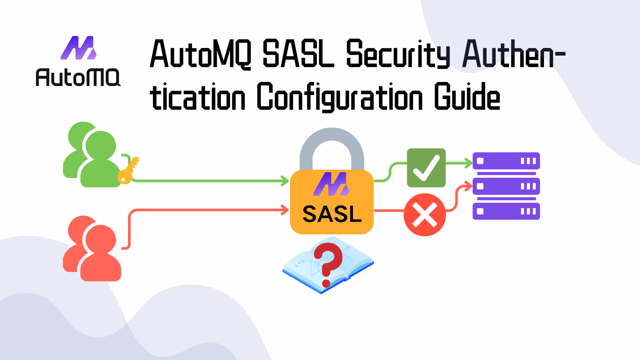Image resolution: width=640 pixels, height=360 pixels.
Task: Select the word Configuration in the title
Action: coord(339,97)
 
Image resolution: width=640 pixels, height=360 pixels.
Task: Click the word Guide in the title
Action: coord(467,97)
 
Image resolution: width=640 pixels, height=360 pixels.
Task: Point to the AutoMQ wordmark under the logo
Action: coord(78,77)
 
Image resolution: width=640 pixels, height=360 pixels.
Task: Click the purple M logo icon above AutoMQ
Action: coord(79,48)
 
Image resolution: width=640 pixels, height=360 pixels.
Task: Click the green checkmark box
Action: coord(426,168)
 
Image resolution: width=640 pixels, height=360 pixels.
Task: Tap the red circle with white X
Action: coord(425,215)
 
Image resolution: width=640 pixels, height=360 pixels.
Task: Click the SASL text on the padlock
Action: coord(332,214)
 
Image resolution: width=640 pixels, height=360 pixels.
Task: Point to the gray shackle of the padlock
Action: coord(332,143)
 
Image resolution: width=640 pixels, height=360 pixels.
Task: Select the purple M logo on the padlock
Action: coord(331,184)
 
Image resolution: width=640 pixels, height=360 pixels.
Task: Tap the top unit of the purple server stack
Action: coord(506,161)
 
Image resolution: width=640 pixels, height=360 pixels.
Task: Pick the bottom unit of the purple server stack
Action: coord(506,211)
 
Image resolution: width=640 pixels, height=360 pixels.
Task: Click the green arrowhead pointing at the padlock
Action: coord(285,181)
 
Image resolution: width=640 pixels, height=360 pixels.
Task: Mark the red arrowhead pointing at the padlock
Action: coord(285,210)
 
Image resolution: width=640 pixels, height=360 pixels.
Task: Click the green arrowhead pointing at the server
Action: coord(468,163)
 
